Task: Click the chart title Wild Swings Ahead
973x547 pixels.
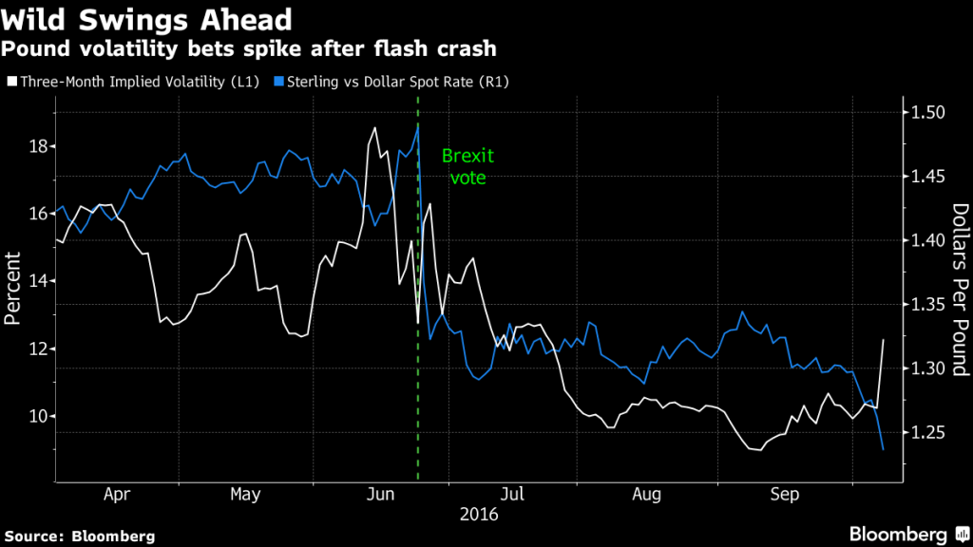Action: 146,18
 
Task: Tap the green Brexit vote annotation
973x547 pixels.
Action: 467,167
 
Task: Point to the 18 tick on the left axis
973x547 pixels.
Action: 37,146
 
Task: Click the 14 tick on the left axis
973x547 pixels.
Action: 37,281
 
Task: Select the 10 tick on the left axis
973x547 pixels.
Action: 37,416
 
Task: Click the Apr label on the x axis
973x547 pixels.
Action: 116,494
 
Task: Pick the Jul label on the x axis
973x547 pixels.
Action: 512,494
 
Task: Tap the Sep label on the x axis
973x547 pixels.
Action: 784,494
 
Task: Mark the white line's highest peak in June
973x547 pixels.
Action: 375,127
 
